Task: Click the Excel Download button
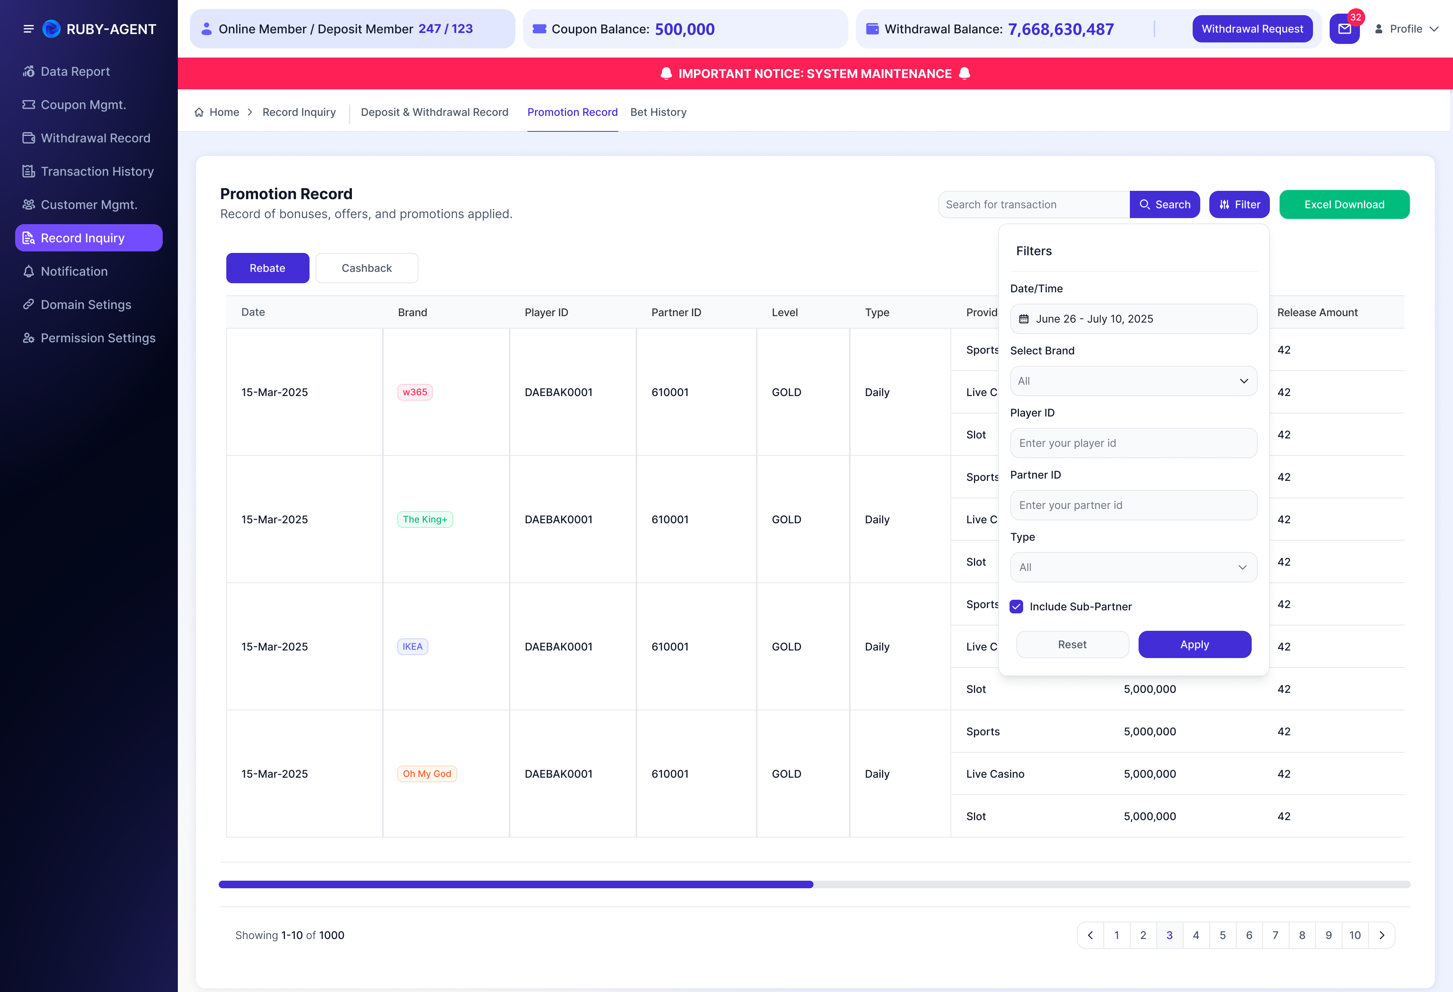pyautogui.click(x=1344, y=204)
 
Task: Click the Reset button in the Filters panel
pyautogui.click(x=1072, y=644)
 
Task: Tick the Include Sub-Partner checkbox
pyautogui.click(x=1017, y=606)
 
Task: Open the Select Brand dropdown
pyautogui.click(x=1134, y=381)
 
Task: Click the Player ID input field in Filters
pyautogui.click(x=1134, y=443)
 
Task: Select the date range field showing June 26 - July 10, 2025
pyautogui.click(x=1134, y=319)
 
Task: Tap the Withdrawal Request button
pyautogui.click(x=1252, y=29)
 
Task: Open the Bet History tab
pyautogui.click(x=658, y=112)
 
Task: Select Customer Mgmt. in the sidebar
pyautogui.click(x=89, y=204)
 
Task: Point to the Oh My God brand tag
pyautogui.click(x=427, y=774)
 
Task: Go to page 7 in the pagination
pyautogui.click(x=1276, y=935)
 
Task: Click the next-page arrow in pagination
pyautogui.click(x=1382, y=935)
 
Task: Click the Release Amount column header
pyautogui.click(x=1317, y=312)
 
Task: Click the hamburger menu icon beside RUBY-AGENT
pyautogui.click(x=28, y=29)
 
